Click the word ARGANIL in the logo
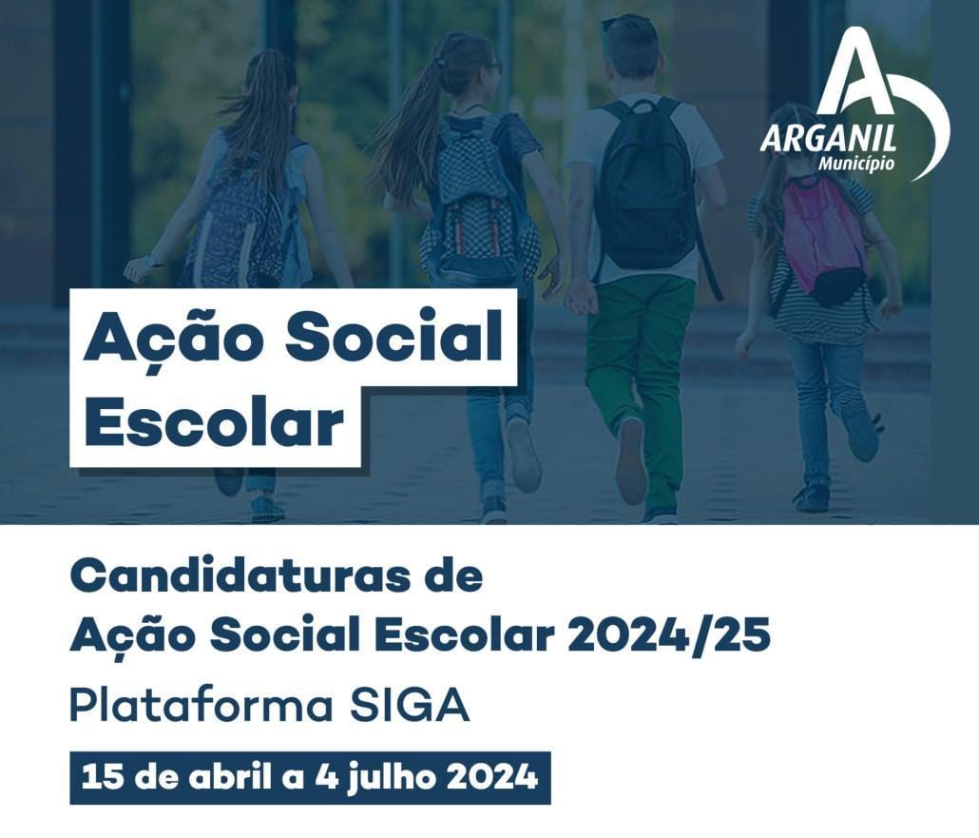point(828,138)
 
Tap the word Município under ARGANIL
point(855,164)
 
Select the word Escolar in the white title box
point(214,423)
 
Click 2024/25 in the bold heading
point(669,636)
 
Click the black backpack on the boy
point(644,187)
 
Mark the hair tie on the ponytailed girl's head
point(440,62)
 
